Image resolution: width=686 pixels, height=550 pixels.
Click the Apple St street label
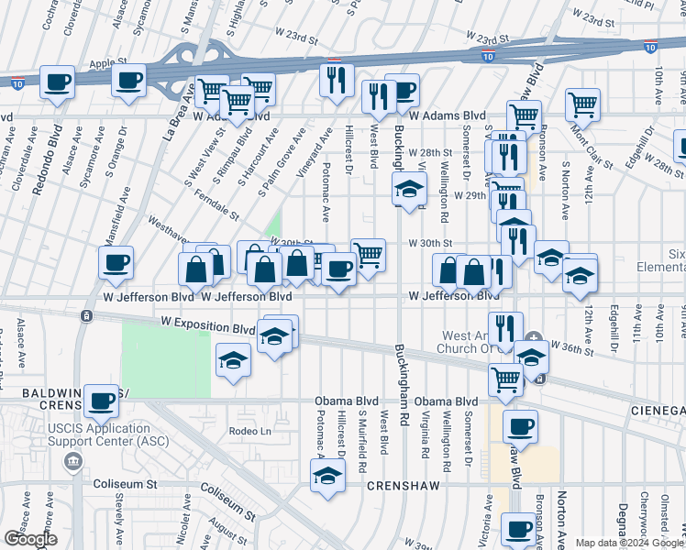[x=108, y=63]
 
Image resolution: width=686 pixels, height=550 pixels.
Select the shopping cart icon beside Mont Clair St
[x=582, y=105]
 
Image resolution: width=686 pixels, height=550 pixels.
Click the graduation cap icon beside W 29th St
[x=409, y=190]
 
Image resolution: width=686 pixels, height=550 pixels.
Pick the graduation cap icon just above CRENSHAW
[x=327, y=476]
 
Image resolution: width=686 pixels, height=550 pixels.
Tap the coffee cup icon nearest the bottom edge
[x=520, y=530]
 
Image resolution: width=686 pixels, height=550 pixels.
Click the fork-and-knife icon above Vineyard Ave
[x=336, y=80]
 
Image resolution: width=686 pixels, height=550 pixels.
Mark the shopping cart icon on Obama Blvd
[x=506, y=378]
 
